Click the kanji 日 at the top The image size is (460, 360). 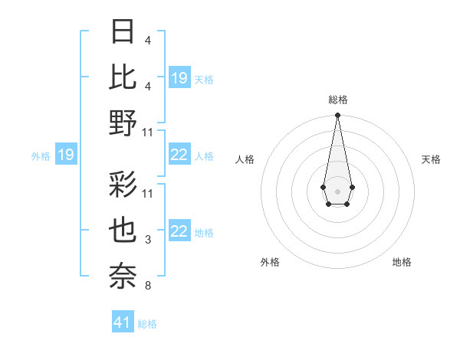click(x=123, y=32)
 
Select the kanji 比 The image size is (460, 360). click(x=123, y=77)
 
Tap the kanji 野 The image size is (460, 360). click(x=123, y=123)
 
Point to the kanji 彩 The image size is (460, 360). click(x=123, y=185)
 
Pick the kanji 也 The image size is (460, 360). click(x=123, y=231)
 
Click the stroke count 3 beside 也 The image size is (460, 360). click(x=147, y=240)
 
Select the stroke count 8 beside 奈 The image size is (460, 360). click(x=147, y=286)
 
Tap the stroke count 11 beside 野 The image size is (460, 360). click(x=148, y=132)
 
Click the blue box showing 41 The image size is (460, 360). click(x=123, y=322)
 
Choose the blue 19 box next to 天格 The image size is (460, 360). click(x=179, y=77)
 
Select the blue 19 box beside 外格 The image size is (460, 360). click(x=65, y=155)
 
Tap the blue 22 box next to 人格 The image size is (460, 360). click(x=179, y=155)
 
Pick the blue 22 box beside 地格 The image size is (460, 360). click(x=179, y=232)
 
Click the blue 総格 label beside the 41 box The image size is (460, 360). click(x=147, y=324)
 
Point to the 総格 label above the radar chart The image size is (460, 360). click(x=337, y=100)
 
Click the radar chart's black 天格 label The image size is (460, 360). click(x=431, y=159)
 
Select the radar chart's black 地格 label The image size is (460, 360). click(x=402, y=262)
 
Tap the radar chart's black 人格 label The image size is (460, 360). click(x=245, y=159)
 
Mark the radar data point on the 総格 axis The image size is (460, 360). click(x=337, y=116)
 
